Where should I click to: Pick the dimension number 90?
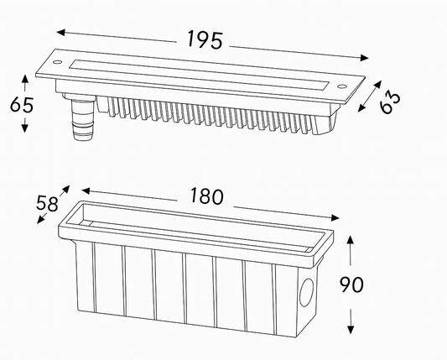coord(351,284)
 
